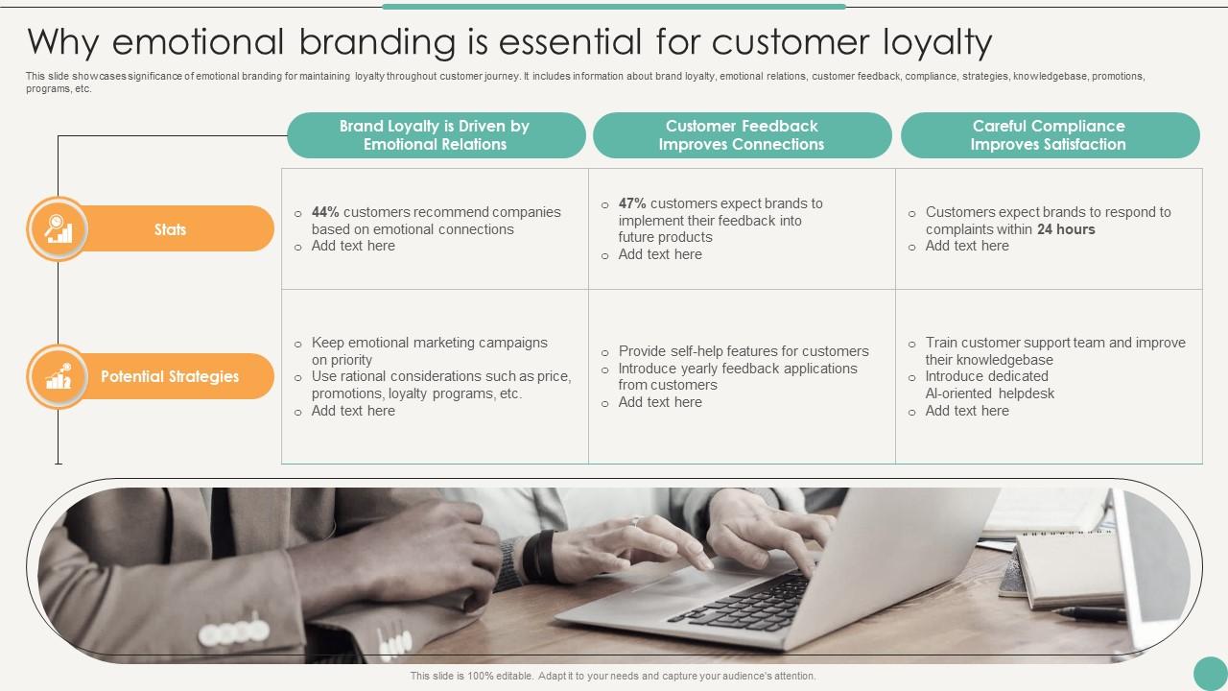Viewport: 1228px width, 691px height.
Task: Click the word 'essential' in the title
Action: (570, 41)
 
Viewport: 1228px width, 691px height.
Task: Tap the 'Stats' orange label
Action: (170, 228)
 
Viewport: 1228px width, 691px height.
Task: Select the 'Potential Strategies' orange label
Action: (170, 376)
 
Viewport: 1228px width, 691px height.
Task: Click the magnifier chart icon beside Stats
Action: (59, 228)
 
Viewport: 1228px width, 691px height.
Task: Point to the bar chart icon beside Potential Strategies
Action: (59, 376)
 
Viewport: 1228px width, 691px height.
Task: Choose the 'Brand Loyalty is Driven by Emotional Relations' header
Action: (436, 135)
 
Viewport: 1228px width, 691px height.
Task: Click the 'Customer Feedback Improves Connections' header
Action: (742, 135)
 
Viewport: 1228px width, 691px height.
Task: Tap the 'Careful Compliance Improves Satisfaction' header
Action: (1050, 135)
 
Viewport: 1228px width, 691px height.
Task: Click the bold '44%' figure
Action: (325, 212)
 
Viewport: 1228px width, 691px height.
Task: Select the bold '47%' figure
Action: (632, 203)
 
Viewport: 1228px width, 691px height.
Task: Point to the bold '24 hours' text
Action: (1066, 229)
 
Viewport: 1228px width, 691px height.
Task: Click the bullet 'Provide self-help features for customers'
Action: (744, 351)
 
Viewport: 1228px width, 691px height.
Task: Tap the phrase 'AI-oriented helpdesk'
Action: (989, 393)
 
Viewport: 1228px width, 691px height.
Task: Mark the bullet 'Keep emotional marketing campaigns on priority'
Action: (429, 351)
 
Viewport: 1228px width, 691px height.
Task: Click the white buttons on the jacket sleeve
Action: (234, 631)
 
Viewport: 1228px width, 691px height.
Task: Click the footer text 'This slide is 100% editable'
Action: (471, 676)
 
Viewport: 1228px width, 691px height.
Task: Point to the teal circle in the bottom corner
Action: (1211, 674)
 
